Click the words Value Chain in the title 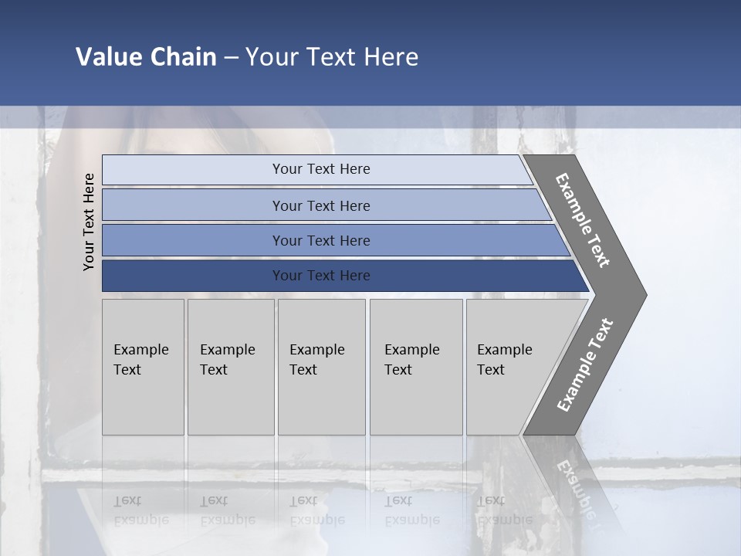(146, 57)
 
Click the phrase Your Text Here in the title (332, 57)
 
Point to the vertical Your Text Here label (89, 222)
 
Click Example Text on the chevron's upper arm (583, 220)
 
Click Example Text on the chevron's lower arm (584, 365)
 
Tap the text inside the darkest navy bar (321, 276)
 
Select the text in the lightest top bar (321, 169)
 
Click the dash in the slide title (231, 58)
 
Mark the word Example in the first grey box (140, 350)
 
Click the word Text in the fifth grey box (491, 370)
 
